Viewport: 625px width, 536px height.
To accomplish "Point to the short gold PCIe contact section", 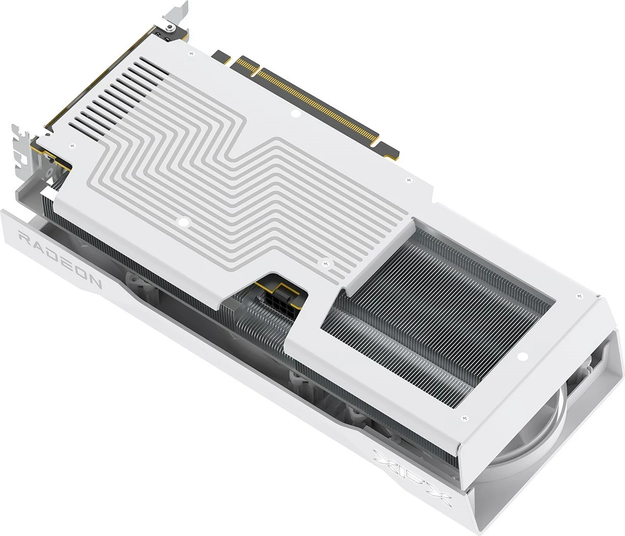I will pyautogui.click(x=245, y=66).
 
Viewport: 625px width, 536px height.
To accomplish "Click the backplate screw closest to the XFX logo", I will pyautogui.click(x=464, y=419).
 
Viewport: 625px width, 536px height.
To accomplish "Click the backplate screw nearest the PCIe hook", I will pyautogui.click(x=407, y=180).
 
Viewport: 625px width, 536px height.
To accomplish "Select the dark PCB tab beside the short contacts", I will pyautogui.click(x=221, y=56).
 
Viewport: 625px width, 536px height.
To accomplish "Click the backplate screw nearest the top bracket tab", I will pyautogui.click(x=191, y=53).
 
